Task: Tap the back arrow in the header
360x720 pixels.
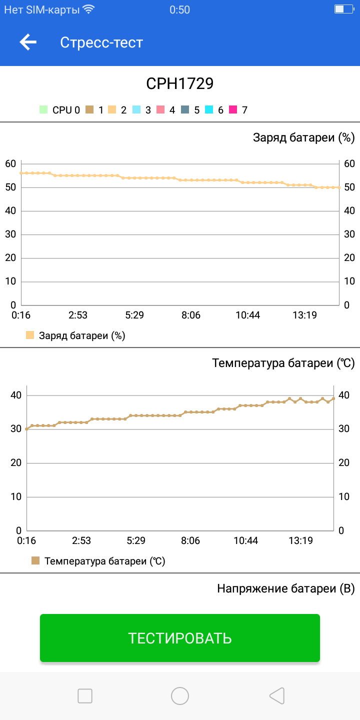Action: click(x=28, y=42)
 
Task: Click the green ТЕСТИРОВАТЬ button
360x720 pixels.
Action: click(x=180, y=638)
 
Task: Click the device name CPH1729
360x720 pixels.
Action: click(x=180, y=83)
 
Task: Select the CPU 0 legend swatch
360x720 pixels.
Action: click(x=43, y=110)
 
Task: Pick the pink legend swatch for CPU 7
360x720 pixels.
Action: click(x=233, y=110)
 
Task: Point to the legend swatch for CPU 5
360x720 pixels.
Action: click(x=185, y=110)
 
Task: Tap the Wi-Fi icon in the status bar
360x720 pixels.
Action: click(x=88, y=9)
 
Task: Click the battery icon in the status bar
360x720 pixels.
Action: click(x=343, y=9)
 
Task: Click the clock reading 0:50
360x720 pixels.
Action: click(x=180, y=9)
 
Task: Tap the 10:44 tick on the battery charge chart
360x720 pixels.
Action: click(x=248, y=315)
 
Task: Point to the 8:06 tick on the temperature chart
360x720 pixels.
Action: click(x=190, y=540)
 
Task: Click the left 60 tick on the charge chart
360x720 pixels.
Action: click(x=10, y=163)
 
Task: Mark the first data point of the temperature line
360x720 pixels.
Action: click(x=26, y=429)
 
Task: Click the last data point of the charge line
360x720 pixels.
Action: click(x=339, y=187)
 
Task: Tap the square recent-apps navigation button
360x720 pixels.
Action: click(x=85, y=695)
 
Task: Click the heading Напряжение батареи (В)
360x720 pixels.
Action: click(x=285, y=588)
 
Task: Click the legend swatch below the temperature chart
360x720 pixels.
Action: click(x=35, y=561)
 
